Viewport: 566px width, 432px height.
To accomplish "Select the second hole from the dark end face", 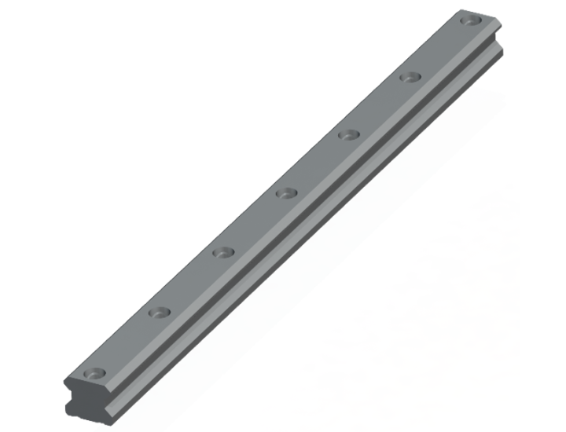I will tap(160, 312).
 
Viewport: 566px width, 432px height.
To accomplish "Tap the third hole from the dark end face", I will tap(223, 253).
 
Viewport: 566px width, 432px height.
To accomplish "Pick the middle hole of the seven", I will tap(286, 192).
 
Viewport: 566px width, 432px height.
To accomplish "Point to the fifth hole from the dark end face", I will tap(347, 134).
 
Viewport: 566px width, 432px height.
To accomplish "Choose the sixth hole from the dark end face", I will tap(408, 76).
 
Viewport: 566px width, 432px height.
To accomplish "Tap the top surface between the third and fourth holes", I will tap(255, 223).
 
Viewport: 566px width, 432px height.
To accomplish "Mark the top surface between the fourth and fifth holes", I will tap(317, 163).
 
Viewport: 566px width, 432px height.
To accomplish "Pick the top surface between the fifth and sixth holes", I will tap(377, 105).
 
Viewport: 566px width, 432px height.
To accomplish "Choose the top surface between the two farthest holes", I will tap(438, 48).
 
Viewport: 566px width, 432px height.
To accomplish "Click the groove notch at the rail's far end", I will tap(497, 47).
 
